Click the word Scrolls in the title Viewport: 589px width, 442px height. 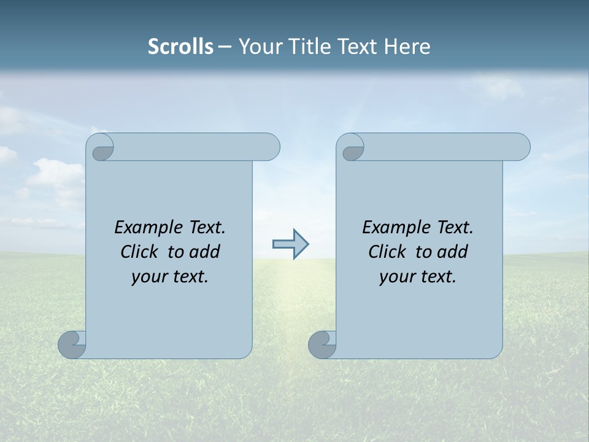coord(180,47)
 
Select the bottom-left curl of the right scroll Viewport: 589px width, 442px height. coord(323,344)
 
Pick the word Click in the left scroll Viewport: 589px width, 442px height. coord(141,252)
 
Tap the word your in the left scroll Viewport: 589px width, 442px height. coord(148,277)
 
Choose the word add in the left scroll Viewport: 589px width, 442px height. coord(205,252)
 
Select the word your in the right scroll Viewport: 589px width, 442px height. coord(396,277)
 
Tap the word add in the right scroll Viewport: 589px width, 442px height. coord(453,252)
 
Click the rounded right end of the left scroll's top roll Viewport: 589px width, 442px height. coord(270,147)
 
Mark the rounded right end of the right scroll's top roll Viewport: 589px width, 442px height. coord(520,147)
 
